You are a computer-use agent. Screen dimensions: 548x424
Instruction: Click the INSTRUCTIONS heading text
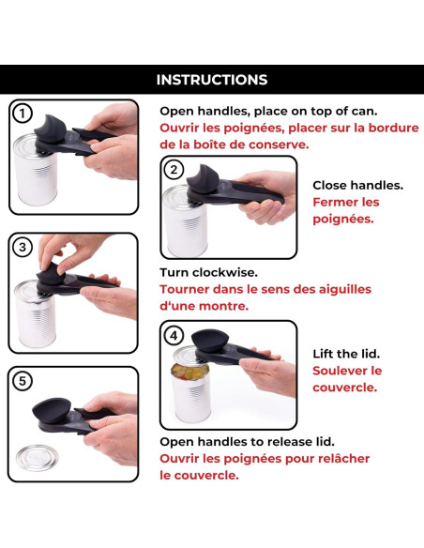tap(211, 80)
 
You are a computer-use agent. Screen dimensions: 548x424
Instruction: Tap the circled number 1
tap(23, 114)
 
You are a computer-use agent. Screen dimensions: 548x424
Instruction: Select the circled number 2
tap(174, 170)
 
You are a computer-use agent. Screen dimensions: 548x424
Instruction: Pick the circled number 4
tap(174, 335)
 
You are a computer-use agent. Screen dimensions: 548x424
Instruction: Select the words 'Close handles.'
tap(357, 185)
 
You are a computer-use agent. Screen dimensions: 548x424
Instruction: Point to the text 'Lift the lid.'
tap(347, 354)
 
